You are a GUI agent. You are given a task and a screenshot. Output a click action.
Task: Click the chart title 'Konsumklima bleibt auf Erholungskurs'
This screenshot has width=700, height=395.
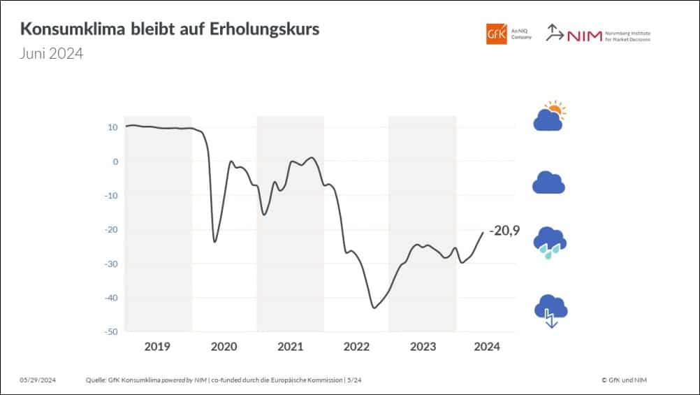170,30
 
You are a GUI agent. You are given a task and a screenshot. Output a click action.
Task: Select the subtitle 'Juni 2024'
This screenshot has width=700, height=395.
51,53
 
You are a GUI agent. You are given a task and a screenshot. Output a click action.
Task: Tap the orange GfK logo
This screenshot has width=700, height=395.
497,34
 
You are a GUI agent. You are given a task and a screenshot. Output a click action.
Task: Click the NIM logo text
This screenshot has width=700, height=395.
585,36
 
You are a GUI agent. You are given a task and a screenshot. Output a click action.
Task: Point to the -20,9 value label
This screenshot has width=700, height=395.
505,230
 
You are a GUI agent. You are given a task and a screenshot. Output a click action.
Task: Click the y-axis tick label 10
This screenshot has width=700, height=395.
112,127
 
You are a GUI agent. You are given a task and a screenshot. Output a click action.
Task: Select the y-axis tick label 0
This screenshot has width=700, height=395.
115,161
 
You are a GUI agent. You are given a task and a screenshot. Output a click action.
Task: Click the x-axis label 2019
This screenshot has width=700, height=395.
157,347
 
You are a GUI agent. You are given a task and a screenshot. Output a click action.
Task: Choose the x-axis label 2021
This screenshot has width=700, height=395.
290,347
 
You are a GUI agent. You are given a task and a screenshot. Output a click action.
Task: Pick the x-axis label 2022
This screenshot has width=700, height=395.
356,347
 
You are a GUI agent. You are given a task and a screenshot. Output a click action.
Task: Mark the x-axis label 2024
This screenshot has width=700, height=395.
487,347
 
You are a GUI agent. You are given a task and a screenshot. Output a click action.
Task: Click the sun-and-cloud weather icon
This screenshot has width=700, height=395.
549,117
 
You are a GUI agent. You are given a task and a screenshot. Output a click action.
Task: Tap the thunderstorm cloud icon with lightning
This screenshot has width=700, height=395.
550,311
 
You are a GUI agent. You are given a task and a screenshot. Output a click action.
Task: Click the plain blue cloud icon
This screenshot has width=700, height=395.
548,182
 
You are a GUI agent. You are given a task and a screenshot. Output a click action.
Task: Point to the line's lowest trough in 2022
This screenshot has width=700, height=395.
374,308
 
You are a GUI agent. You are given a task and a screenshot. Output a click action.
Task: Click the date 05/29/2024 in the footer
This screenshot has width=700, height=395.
38,380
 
